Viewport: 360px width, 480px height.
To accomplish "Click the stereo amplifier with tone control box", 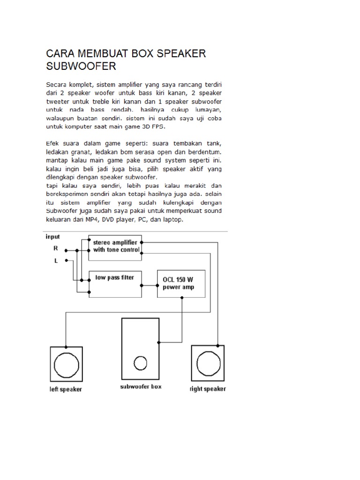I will point(115,247).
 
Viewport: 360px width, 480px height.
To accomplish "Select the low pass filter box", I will point(115,284).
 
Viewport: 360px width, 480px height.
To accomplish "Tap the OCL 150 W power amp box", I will point(181,284).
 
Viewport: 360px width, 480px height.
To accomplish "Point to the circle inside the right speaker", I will point(208,364).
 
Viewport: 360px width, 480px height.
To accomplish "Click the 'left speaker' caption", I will point(66,390).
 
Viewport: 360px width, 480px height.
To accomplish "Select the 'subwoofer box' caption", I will point(141,387).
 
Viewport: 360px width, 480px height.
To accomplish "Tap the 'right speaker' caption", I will point(208,389).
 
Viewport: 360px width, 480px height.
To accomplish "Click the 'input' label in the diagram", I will point(52,237).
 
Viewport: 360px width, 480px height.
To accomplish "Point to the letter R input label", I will point(56,249).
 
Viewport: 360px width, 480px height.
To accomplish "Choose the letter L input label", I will point(56,261).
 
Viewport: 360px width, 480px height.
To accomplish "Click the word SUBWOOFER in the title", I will point(81,66).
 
